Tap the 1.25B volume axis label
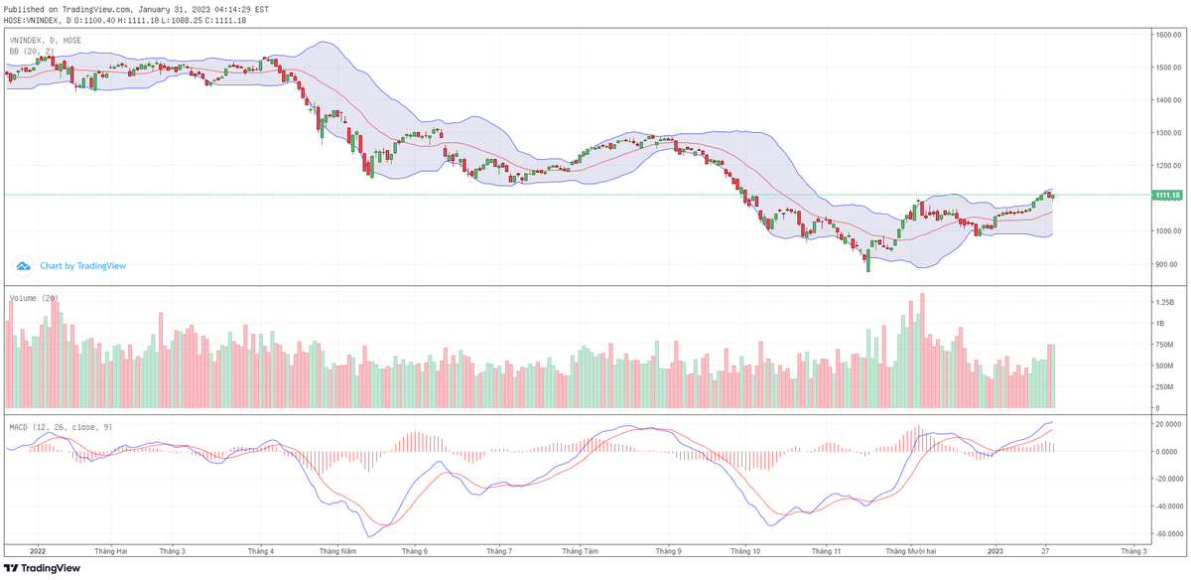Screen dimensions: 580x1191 click(x=1163, y=301)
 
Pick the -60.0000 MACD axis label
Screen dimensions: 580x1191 click(x=1164, y=533)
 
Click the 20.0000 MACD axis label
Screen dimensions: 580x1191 click(x=1164, y=424)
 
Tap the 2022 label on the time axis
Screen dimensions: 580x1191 click(x=39, y=550)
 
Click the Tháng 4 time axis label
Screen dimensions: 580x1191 click(x=260, y=550)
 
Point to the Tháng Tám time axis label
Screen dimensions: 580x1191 click(x=580, y=550)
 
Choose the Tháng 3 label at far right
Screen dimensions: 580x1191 click(x=1133, y=550)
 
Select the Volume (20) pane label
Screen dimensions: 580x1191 click(x=34, y=298)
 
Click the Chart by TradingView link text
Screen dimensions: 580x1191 click(x=82, y=266)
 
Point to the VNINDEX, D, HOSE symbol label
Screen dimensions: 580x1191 click(x=46, y=41)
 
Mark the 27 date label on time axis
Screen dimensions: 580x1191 click(x=1046, y=550)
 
